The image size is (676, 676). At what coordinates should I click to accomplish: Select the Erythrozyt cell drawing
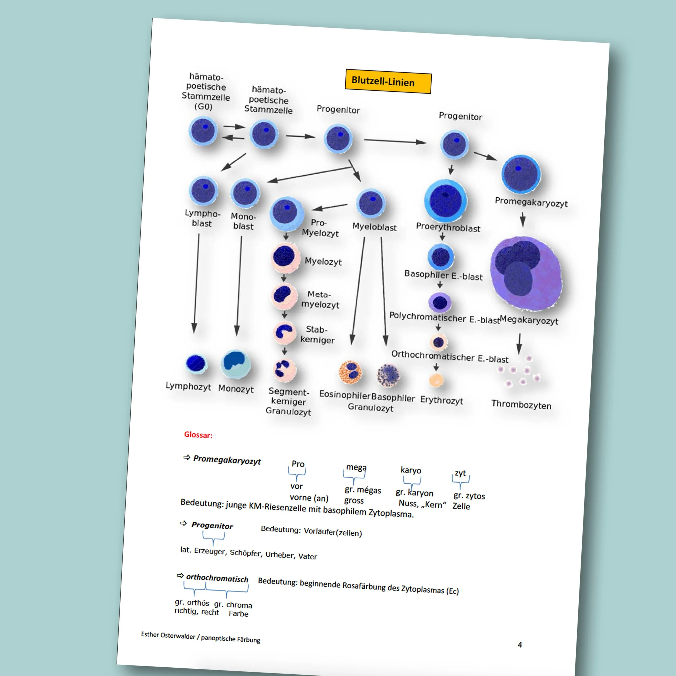[436, 380]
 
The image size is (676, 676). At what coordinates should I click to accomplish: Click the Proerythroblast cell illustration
[445, 200]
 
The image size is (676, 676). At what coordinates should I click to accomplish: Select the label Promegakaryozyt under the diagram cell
[531, 202]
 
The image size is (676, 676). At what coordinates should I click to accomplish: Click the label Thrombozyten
[521, 405]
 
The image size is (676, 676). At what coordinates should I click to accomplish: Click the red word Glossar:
[198, 435]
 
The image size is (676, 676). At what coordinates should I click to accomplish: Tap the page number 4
[520, 645]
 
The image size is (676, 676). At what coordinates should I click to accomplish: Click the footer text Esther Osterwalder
[168, 635]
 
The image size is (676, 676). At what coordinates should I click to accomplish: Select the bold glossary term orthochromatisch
[217, 578]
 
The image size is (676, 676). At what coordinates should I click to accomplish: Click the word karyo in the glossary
[411, 470]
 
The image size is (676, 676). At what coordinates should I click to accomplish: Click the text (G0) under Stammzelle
[203, 106]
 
